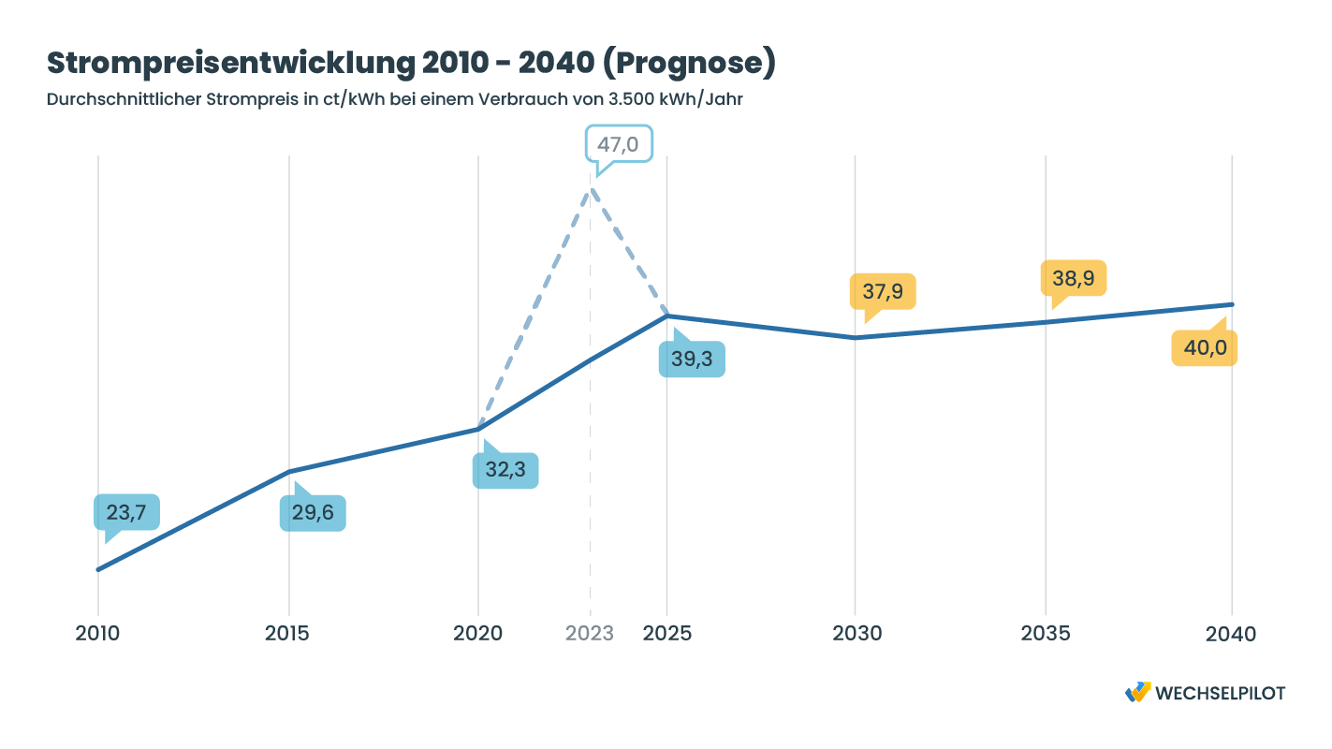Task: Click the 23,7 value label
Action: [126, 512]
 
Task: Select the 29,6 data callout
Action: [313, 513]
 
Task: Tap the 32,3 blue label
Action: [505, 470]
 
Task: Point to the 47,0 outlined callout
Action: [618, 144]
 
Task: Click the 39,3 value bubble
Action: [692, 360]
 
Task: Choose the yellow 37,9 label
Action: [883, 291]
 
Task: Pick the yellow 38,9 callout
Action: [1074, 278]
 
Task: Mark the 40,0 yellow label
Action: [1205, 348]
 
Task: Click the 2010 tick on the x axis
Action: [97, 634]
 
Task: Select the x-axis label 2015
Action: [287, 634]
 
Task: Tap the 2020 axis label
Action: [477, 634]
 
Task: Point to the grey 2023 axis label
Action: [590, 634]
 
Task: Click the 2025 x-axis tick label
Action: [667, 634]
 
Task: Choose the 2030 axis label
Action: [856, 634]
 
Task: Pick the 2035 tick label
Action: [1046, 634]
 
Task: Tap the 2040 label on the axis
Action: [1232, 634]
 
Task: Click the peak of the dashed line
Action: [591, 190]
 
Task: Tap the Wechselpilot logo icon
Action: [1138, 692]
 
